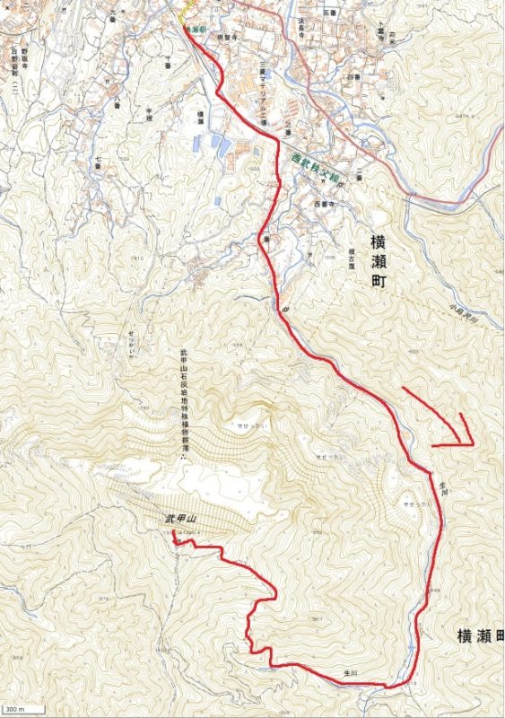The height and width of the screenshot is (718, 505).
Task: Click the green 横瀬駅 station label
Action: [x=195, y=30]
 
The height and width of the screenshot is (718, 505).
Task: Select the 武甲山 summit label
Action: [x=179, y=520]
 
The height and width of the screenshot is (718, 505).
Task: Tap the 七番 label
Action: [x=97, y=162]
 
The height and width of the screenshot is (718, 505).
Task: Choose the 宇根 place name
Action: [x=150, y=113]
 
